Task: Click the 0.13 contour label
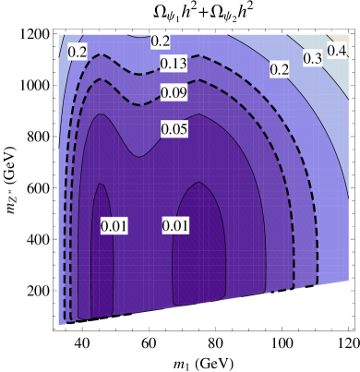click(174, 64)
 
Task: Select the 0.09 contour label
click(174, 93)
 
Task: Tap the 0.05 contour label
click(174, 129)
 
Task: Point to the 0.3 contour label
click(312, 59)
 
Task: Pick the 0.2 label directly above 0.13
click(161, 41)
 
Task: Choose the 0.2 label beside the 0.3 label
click(279, 69)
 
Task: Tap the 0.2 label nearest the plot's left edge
click(78, 53)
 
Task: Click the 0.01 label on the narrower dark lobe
click(114, 226)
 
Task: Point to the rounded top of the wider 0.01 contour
click(201, 183)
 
